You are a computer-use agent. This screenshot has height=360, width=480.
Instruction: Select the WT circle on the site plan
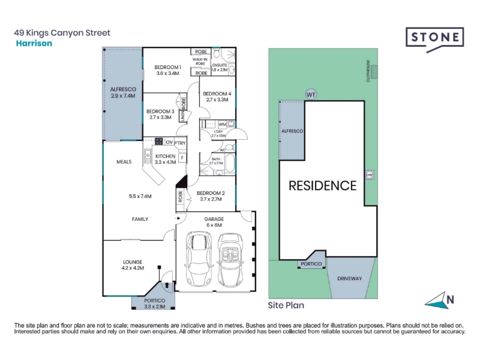point(310,94)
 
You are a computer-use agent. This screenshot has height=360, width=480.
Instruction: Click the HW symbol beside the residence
point(370,175)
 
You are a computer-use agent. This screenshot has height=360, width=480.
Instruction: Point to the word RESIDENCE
point(323,185)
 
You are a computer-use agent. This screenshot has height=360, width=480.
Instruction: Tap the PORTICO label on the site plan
point(311,264)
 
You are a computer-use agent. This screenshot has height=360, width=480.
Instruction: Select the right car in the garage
point(229,259)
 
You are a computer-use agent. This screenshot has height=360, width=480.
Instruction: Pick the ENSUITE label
point(219,65)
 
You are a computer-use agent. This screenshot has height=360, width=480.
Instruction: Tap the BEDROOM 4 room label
point(216,94)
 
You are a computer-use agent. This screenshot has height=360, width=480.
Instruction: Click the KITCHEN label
point(165,156)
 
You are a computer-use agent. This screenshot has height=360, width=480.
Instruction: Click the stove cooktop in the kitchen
point(159,142)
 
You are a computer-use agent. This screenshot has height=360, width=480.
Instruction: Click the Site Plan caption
point(286,305)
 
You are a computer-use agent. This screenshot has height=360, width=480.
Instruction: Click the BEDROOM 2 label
point(211,193)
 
